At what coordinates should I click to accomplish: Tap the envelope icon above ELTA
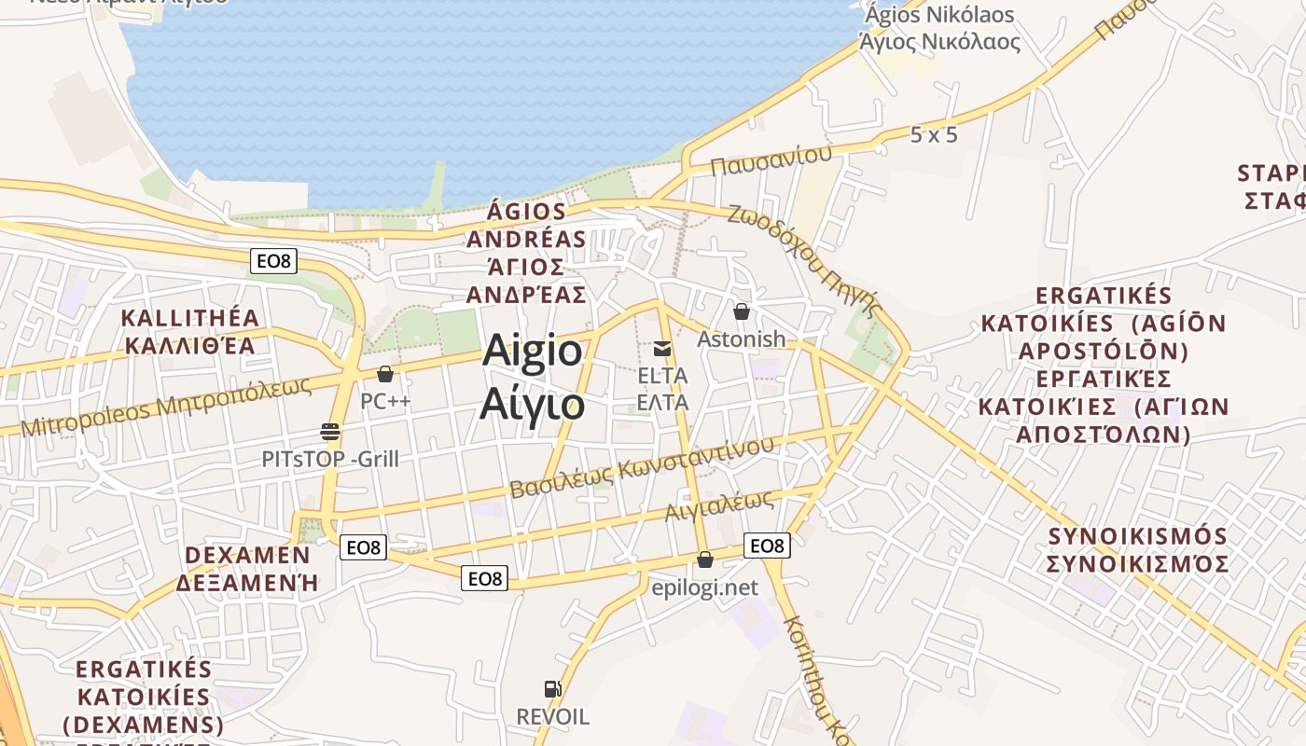[x=662, y=349]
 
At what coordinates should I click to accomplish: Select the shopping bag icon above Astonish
[x=742, y=311]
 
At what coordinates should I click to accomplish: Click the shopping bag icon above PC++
[x=385, y=374]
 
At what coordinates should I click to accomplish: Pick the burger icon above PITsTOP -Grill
[x=329, y=431]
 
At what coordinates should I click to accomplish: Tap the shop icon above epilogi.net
[x=705, y=559]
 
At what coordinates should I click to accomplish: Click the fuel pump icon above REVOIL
[x=553, y=689]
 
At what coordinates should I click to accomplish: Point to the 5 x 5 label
[x=934, y=134]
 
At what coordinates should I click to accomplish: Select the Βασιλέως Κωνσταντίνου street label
[x=642, y=466]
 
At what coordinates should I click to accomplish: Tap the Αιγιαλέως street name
[x=719, y=504]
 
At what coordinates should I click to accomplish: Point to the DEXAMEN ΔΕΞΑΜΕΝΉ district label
[x=248, y=569]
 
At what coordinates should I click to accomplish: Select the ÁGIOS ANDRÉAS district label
[x=527, y=254]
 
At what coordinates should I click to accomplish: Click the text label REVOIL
[x=553, y=717]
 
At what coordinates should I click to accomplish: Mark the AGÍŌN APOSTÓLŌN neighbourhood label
[x=1104, y=365]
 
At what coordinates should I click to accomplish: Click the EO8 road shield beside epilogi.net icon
[x=767, y=546]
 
